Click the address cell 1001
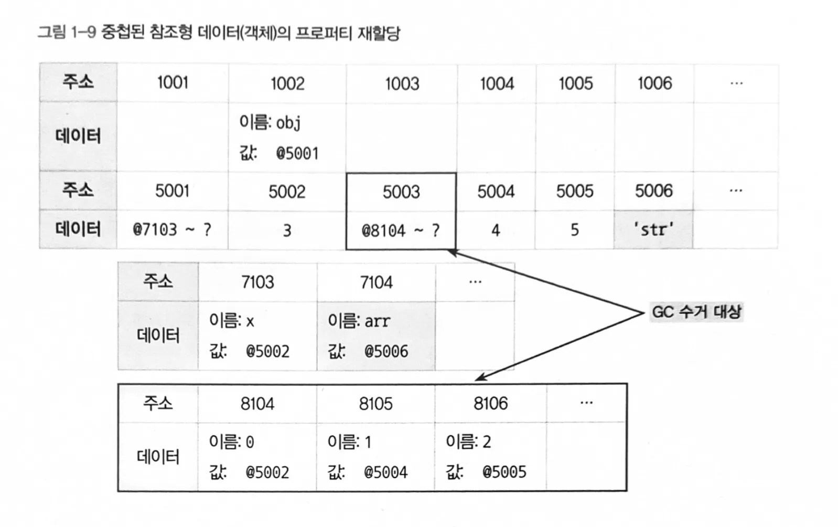[173, 83]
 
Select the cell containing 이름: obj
[287, 137]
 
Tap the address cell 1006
[654, 83]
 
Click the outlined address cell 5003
[401, 192]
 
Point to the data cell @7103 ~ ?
[172, 229]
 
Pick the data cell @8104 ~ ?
[401, 230]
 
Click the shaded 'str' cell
[653, 229]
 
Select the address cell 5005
[575, 191]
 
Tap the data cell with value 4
[496, 230]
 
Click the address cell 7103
[258, 282]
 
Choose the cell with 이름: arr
[377, 335]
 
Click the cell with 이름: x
[258, 335]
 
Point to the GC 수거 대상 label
[696, 312]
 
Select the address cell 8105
[375, 404]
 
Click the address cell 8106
[490, 404]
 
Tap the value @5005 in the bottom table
[504, 472]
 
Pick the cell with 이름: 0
[257, 457]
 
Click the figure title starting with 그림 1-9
[219, 33]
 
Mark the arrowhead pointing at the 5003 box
[453, 253]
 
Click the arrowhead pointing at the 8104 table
[481, 377]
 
